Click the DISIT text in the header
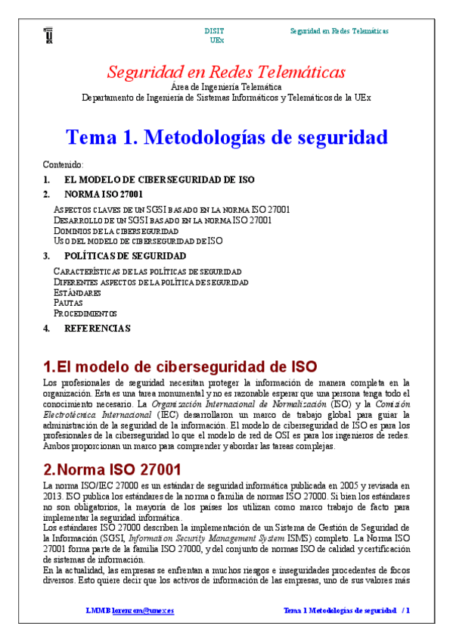[x=214, y=31]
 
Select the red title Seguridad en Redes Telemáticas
[x=226, y=73]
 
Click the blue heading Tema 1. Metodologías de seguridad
[x=227, y=138]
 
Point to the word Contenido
[x=63, y=164]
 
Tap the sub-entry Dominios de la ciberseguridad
[x=116, y=230]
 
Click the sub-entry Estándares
[x=77, y=292]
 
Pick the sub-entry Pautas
[x=68, y=303]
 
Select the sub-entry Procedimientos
[x=85, y=313]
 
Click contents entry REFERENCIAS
[x=98, y=329]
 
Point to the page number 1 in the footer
[x=408, y=610]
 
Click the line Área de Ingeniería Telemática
[x=226, y=87]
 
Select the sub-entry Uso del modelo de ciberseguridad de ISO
[x=138, y=241]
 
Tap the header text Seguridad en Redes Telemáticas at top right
[x=340, y=31]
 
